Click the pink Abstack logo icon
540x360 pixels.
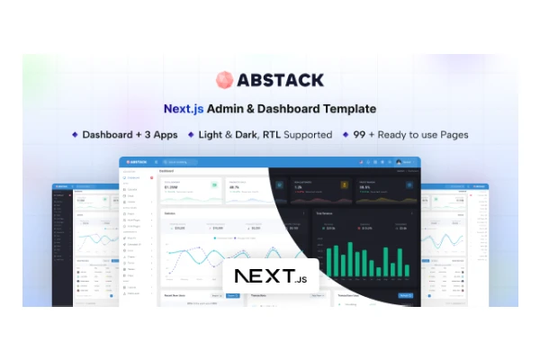pyautogui.click(x=224, y=80)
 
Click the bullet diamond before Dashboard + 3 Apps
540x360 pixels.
pyautogui.click(x=76, y=134)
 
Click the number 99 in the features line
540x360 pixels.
pyautogui.click(x=359, y=134)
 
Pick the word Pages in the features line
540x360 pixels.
pyautogui.click(x=451, y=134)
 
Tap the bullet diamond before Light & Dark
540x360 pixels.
pyautogui.click(x=191, y=134)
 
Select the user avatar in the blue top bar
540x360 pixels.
pyautogui.click(x=399, y=162)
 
